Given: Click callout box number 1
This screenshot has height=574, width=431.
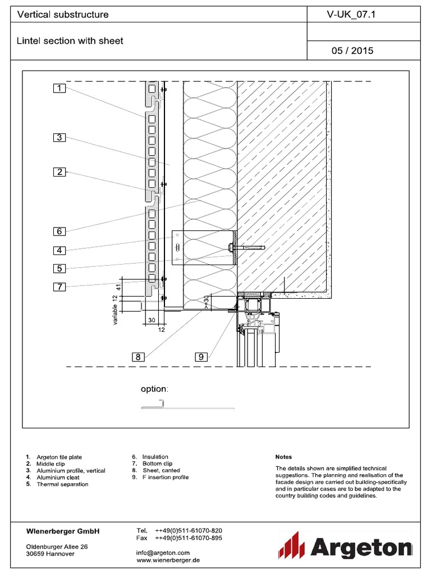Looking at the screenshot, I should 60,88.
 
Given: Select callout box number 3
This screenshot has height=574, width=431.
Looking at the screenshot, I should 60,137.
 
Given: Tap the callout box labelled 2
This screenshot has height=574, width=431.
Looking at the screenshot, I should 60,172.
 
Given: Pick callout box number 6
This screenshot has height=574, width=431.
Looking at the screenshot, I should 60,230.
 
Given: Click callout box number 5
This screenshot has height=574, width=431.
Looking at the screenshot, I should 60,268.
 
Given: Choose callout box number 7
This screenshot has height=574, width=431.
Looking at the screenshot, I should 60,287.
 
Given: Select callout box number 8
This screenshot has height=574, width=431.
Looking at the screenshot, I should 138,356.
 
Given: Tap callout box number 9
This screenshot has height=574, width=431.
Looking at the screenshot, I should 202,356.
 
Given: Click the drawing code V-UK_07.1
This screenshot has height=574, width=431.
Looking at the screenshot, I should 351,15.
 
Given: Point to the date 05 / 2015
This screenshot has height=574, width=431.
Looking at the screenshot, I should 352,50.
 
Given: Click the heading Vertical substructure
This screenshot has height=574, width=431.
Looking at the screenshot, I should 63,15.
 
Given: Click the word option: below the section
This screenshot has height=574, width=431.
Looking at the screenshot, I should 154,389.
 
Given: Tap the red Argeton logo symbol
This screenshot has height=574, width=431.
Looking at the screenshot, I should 291,545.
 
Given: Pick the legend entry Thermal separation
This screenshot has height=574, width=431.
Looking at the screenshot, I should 62,484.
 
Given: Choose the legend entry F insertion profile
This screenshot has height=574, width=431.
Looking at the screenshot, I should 165,478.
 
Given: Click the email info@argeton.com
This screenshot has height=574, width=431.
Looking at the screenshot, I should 163,553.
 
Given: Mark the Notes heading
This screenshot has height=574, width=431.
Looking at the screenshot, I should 283,457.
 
